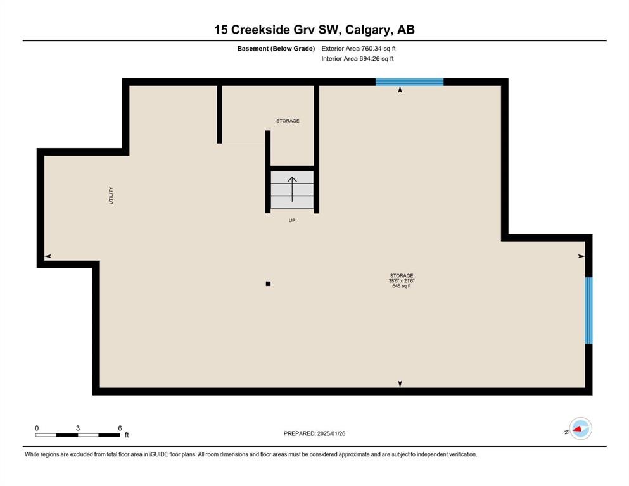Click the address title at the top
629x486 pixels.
(x=314, y=30)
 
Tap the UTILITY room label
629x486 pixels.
(x=111, y=196)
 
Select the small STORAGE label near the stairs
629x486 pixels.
(x=288, y=121)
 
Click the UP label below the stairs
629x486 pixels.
(x=292, y=220)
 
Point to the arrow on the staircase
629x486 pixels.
(x=292, y=189)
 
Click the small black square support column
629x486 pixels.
(x=268, y=283)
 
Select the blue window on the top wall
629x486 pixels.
(x=410, y=82)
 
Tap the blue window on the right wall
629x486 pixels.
(x=588, y=311)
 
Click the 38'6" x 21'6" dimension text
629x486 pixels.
(x=402, y=281)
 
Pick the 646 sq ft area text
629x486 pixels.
(x=402, y=286)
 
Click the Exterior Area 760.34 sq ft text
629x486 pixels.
(x=359, y=49)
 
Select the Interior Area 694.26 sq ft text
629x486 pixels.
(x=357, y=58)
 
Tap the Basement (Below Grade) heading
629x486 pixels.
(x=276, y=49)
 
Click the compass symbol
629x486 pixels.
(x=580, y=428)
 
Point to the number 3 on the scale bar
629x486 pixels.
(x=78, y=428)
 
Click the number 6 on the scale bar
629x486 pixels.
(x=120, y=428)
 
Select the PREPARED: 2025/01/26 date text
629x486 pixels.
(x=314, y=433)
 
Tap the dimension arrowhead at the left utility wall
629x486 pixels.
(x=48, y=256)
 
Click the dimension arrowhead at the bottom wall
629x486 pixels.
(x=400, y=384)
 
